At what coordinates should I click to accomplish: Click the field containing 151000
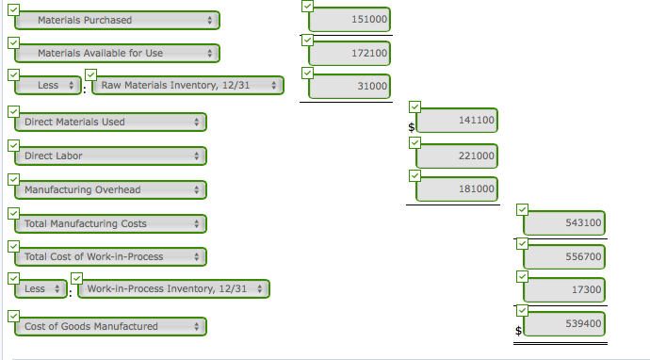[349, 20]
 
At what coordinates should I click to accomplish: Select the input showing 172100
[349, 54]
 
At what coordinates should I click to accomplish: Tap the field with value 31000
[349, 87]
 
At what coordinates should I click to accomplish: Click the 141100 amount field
[457, 122]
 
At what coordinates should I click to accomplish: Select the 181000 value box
[457, 189]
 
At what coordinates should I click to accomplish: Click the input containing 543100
[564, 223]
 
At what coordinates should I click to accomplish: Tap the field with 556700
[564, 256]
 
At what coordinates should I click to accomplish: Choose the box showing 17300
[564, 289]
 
